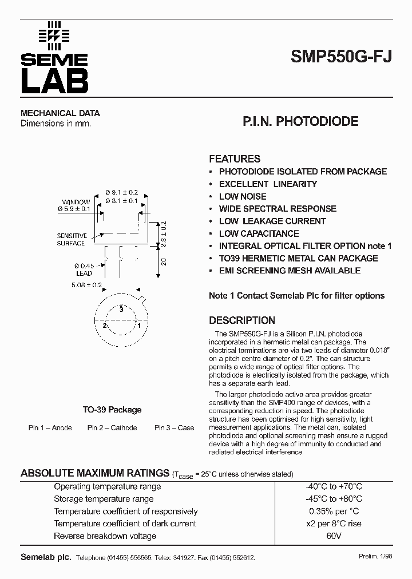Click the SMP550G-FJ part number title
[x=342, y=57]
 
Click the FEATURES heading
[x=235, y=159]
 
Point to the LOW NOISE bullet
[x=242, y=196]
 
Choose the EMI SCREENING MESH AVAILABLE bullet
[x=290, y=271]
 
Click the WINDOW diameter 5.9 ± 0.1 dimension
[x=75, y=206]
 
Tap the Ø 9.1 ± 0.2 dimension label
[x=122, y=192]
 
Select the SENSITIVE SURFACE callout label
[x=72, y=239]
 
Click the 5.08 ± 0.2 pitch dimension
[x=86, y=285]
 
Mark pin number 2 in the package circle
[x=104, y=325]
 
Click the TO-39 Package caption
[x=112, y=410]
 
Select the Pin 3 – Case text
[x=174, y=428]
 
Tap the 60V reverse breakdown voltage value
[x=334, y=536]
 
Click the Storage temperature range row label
[x=104, y=499]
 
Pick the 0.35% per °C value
[x=334, y=511]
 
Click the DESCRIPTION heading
[x=242, y=320]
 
